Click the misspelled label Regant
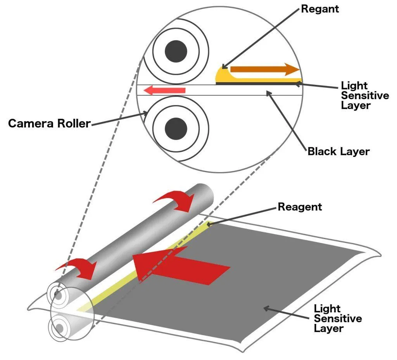pyautogui.click(x=320, y=9)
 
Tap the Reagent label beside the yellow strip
pyautogui.click(x=300, y=207)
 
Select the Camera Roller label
pyautogui.click(x=49, y=124)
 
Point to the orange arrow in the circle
pyautogui.click(x=264, y=70)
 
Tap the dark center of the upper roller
pyautogui.click(x=176, y=51)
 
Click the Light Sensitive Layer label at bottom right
pyautogui.click(x=338, y=319)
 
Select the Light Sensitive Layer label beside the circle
pyautogui.click(x=364, y=95)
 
